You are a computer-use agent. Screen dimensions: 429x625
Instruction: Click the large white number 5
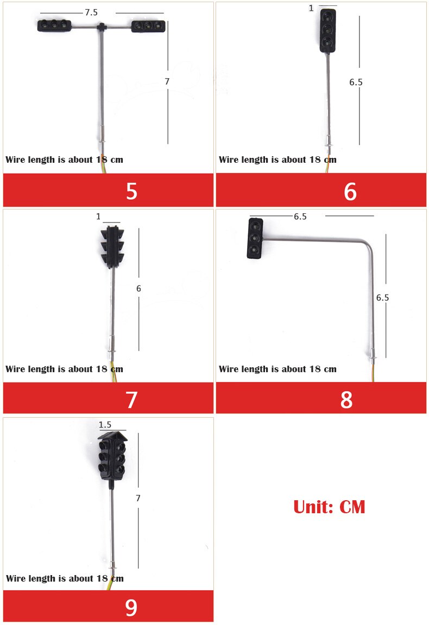pyautogui.click(x=132, y=192)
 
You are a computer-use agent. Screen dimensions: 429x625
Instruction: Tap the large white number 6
pyautogui.click(x=350, y=192)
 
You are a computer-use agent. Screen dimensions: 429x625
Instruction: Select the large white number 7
pyautogui.click(x=132, y=400)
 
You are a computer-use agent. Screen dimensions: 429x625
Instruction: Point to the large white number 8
pyautogui.click(x=346, y=400)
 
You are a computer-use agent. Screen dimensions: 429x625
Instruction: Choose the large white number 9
pyautogui.click(x=131, y=608)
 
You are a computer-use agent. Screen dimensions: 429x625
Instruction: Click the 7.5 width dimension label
pyautogui.click(x=91, y=12)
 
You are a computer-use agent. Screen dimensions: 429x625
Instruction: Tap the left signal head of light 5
pyautogui.click(x=54, y=25)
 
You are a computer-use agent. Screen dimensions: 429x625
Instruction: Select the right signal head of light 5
pyautogui.click(x=148, y=26)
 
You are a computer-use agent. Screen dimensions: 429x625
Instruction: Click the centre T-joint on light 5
pyautogui.click(x=102, y=27)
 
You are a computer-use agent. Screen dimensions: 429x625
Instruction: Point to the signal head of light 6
pyautogui.click(x=327, y=31)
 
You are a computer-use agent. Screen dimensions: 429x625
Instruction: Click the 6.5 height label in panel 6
pyautogui.click(x=356, y=82)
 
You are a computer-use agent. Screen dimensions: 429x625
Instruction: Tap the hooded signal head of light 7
pyautogui.click(x=112, y=247)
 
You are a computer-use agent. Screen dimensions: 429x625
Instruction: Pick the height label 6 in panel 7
pyautogui.click(x=138, y=289)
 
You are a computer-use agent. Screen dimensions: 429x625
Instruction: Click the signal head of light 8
pyautogui.click(x=255, y=238)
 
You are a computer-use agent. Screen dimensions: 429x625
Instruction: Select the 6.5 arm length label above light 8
pyautogui.click(x=300, y=216)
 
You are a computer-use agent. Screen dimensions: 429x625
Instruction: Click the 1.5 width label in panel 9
pyautogui.click(x=105, y=425)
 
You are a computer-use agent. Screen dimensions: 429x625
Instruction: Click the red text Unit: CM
pyautogui.click(x=329, y=507)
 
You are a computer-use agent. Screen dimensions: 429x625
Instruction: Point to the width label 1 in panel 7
pyautogui.click(x=98, y=216)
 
